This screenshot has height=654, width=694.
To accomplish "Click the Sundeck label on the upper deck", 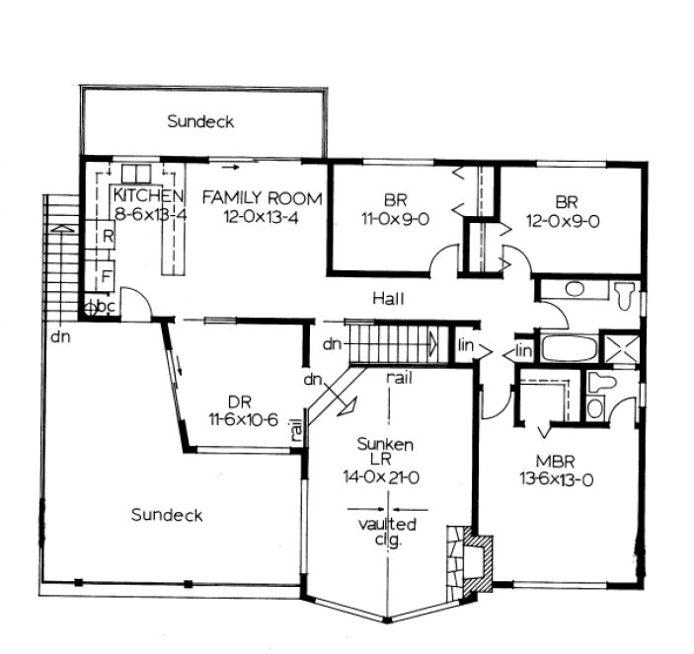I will coord(200,121).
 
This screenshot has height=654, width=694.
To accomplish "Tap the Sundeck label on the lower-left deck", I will coord(166,515).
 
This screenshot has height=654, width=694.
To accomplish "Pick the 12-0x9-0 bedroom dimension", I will coord(565,220).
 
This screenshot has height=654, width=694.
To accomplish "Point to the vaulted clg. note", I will coord(388,530).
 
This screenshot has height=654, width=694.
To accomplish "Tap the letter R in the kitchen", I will coord(107,238).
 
